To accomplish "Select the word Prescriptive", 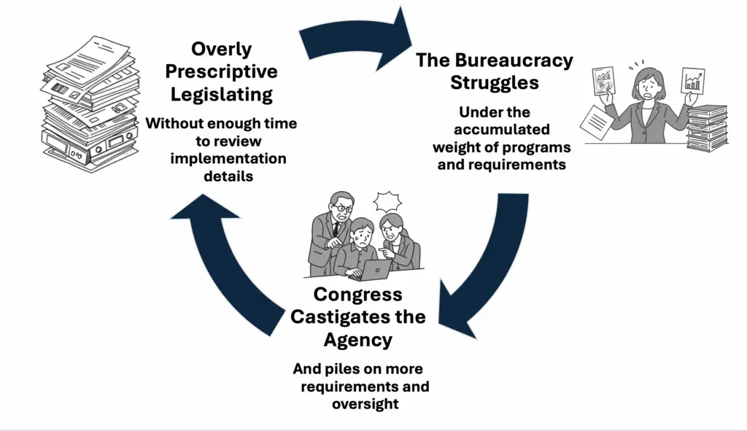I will click(221, 71).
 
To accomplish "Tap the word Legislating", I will click(221, 95).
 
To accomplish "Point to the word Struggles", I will click(494, 82).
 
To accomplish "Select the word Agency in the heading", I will click(357, 340).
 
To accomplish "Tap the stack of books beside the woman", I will click(706, 127).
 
